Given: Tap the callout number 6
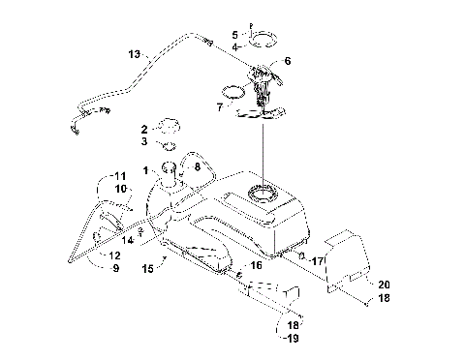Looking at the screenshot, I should pos(286,60).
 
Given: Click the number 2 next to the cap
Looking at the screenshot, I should pos(143,129).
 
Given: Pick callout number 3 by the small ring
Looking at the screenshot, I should pos(143,142).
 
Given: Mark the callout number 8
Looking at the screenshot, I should pos(198,166).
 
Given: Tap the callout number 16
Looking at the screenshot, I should pos(257,263).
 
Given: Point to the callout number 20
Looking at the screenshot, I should pos(384,284).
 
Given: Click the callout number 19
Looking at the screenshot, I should pos(291,339).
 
